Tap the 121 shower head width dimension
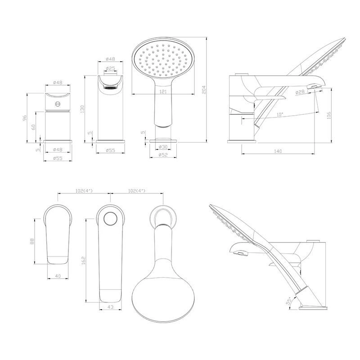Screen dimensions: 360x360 point(163,92)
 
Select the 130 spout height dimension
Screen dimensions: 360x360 point(83,109)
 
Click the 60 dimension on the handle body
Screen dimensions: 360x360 point(33,127)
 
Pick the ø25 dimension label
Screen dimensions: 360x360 point(110,68)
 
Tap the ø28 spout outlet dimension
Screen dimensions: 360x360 point(300,92)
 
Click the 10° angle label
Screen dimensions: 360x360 point(280,114)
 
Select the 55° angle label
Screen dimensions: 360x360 point(289,301)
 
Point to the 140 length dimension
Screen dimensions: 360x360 point(278,151)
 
